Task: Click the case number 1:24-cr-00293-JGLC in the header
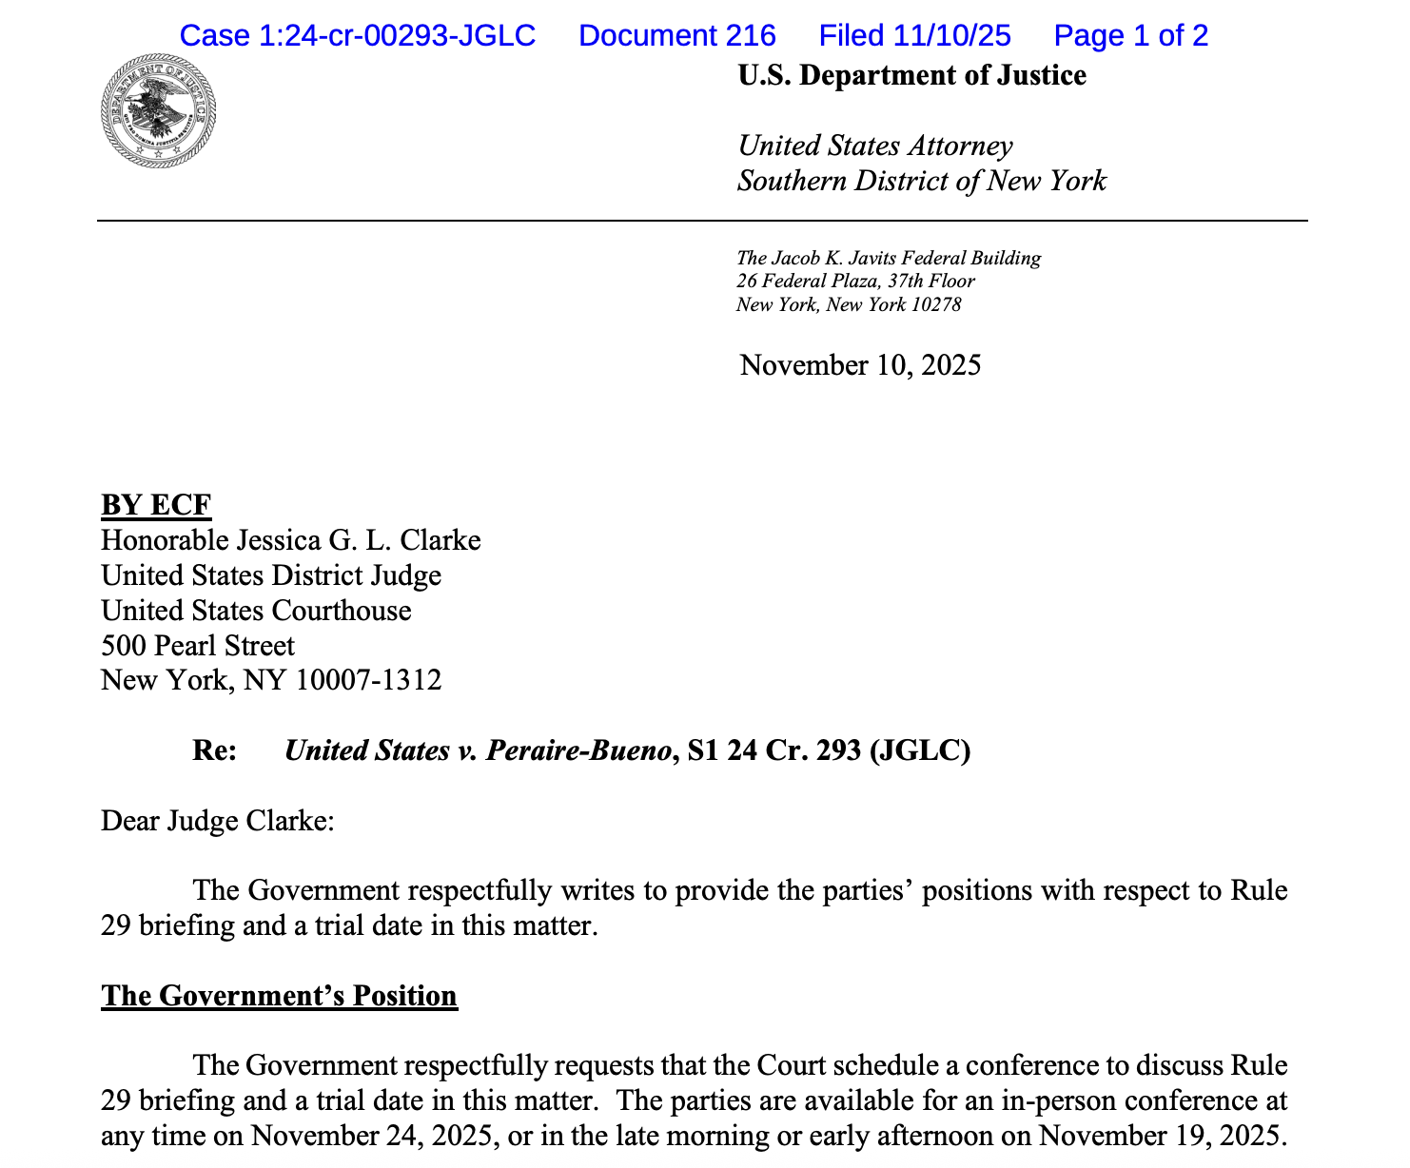tap(358, 36)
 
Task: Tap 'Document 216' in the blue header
tap(676, 36)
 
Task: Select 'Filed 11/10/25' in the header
tap(914, 36)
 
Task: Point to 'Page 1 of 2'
tap(1130, 36)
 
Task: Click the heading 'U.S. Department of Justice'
tap(911, 76)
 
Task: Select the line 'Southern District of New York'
tap(921, 181)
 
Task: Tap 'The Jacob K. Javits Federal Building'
tap(888, 258)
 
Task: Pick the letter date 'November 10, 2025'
tap(860, 365)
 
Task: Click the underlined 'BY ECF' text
tap(156, 505)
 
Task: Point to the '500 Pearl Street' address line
tap(198, 646)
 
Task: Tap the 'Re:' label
tap(214, 751)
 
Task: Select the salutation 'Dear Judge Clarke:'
tap(217, 821)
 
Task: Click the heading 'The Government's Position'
tap(279, 996)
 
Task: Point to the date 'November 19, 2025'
tap(1160, 1136)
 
